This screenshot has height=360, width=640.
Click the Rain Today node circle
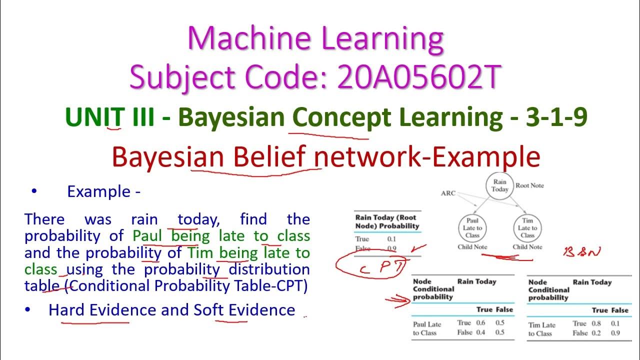(x=499, y=185)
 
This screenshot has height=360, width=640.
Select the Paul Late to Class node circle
(x=472, y=228)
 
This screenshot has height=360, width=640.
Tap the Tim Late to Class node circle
(x=527, y=228)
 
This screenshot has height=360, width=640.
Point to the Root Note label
(x=529, y=185)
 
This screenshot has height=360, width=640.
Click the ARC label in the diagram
(x=448, y=193)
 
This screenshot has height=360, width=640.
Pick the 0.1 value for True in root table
(x=392, y=239)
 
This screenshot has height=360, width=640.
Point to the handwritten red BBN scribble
(x=582, y=251)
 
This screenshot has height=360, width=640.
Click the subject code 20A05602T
(x=419, y=77)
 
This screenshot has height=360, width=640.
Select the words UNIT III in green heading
(x=109, y=118)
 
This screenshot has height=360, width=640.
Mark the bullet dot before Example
(x=34, y=191)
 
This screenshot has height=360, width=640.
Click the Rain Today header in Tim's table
(x=592, y=282)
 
